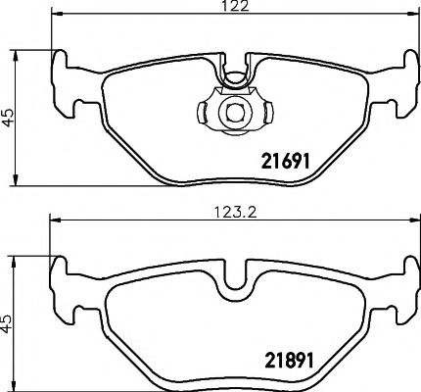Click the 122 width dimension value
(232, 7)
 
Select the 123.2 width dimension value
(232, 209)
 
